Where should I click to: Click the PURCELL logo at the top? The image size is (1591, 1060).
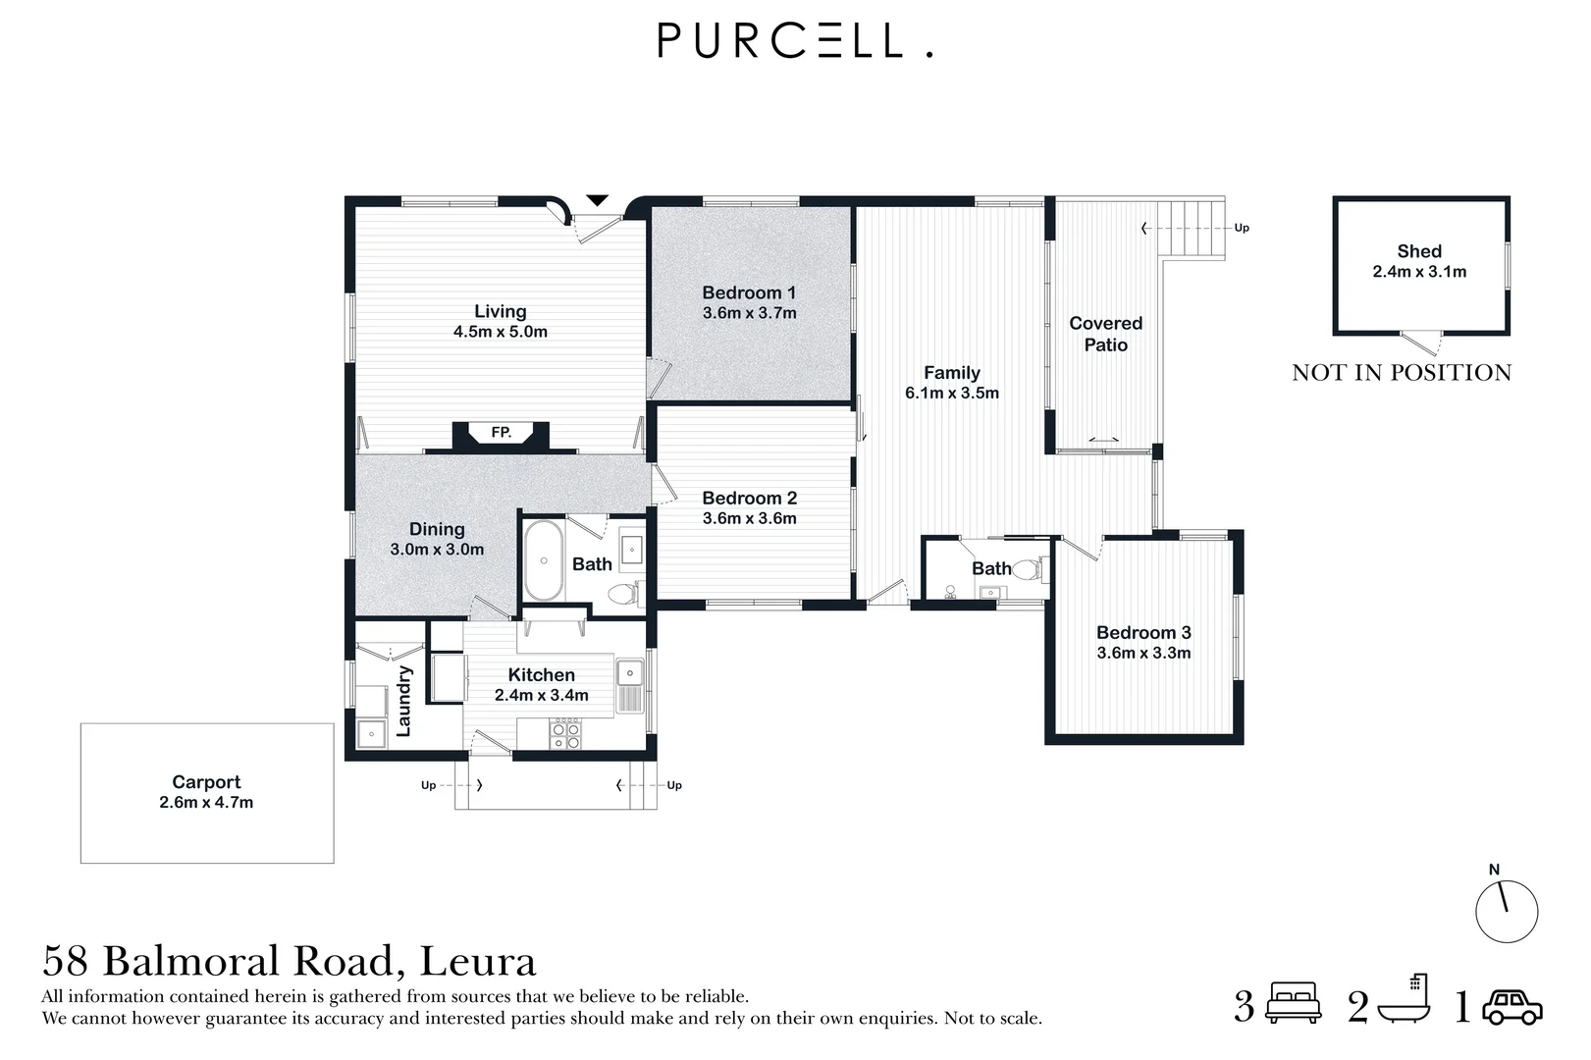794,41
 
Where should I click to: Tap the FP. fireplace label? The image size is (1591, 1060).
501,432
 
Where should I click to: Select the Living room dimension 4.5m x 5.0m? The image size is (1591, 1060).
501,332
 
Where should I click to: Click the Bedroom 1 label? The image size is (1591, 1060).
749,292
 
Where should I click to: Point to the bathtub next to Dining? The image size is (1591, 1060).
543,560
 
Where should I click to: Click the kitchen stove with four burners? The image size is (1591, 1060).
565,733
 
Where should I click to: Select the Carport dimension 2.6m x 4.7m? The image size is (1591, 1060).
206,803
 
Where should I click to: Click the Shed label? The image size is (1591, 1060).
1419,251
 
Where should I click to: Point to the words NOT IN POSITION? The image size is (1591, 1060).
1402,373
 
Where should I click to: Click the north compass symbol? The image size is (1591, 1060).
1507,910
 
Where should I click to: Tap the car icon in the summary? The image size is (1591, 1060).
1512,1007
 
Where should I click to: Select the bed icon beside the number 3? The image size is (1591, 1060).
1295,1005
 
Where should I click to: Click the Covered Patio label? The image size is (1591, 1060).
1105,334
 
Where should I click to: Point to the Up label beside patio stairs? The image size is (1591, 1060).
1242,228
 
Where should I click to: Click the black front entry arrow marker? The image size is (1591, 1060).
596,201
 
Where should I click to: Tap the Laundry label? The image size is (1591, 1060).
403,701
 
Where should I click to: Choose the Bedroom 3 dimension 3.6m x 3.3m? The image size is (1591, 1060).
1143,654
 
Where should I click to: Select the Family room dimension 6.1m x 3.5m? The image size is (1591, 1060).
951,394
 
